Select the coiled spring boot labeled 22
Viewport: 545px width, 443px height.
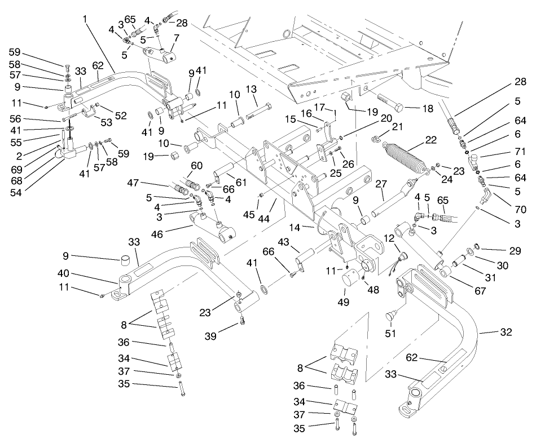[x=405, y=158]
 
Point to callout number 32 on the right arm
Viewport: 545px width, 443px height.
[x=506, y=333]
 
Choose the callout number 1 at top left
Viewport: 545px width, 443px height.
[x=85, y=19]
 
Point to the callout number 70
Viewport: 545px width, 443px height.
[x=520, y=209]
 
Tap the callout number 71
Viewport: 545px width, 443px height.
[x=520, y=153]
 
